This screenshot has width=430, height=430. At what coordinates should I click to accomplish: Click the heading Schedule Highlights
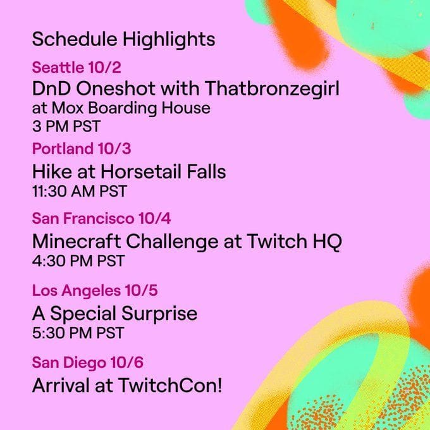(x=123, y=40)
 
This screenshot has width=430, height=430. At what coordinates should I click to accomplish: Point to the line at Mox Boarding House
(x=121, y=108)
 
